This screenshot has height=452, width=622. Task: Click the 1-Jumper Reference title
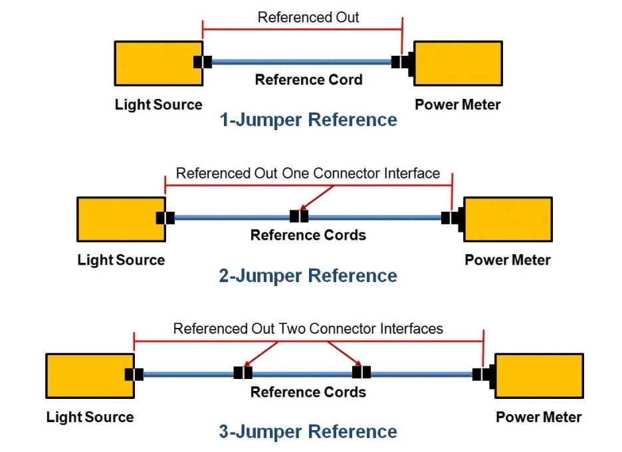click(x=308, y=120)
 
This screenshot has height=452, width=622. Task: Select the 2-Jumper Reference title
click(x=308, y=276)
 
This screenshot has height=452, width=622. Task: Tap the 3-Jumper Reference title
click(x=308, y=432)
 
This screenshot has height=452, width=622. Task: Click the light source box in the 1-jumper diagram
click(x=158, y=63)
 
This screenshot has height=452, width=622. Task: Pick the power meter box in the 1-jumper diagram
click(x=458, y=63)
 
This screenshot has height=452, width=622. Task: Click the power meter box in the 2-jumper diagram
click(x=508, y=219)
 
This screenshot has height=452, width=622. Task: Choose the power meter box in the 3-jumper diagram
click(x=539, y=376)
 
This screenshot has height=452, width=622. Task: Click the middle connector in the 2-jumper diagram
click(x=299, y=216)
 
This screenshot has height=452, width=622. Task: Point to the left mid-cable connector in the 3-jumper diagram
click(x=243, y=373)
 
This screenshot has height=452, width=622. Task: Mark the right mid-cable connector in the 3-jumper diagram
click(x=362, y=373)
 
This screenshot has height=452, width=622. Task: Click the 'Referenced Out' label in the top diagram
click(x=308, y=17)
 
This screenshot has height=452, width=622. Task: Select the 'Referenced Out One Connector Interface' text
click(x=308, y=174)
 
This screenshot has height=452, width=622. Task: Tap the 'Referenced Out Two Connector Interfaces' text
click(x=308, y=329)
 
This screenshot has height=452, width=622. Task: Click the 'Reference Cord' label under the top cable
click(x=308, y=80)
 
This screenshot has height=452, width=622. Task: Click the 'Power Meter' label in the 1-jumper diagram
click(x=457, y=105)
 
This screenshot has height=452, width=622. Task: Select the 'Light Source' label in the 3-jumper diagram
click(x=90, y=417)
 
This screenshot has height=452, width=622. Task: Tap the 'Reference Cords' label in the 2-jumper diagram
click(x=308, y=235)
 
